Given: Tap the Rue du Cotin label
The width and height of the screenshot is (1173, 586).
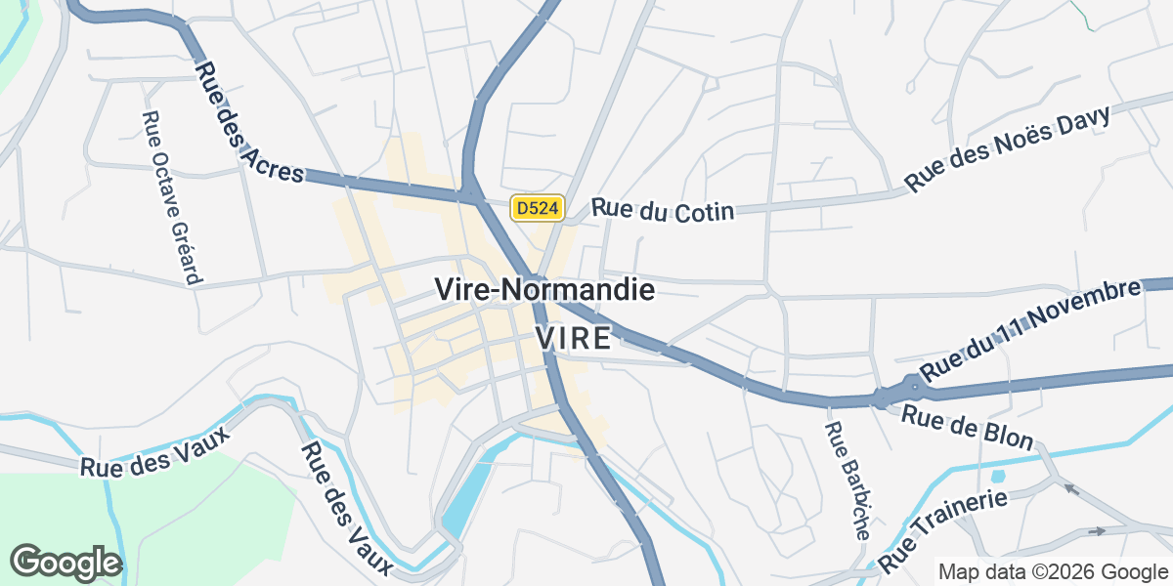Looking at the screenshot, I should coord(662,210).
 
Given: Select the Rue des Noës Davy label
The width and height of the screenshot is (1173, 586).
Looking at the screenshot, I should coord(1009,148).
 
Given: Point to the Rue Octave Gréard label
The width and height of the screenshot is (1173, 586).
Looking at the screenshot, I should coord(170,197).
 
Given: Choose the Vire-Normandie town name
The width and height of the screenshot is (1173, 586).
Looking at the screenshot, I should coord(544,289).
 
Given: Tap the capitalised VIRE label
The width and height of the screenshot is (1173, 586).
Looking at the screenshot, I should coord(574,339).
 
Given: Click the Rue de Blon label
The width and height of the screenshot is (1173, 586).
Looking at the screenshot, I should coord(967,428).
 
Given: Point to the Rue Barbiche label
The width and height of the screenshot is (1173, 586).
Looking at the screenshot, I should coord(847,481).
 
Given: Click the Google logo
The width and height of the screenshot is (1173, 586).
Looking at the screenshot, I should coord(65,563).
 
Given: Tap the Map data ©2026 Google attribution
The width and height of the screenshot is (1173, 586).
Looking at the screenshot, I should coord(1053,571).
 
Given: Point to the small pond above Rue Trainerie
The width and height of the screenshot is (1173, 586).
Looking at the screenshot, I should coord(997,477).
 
